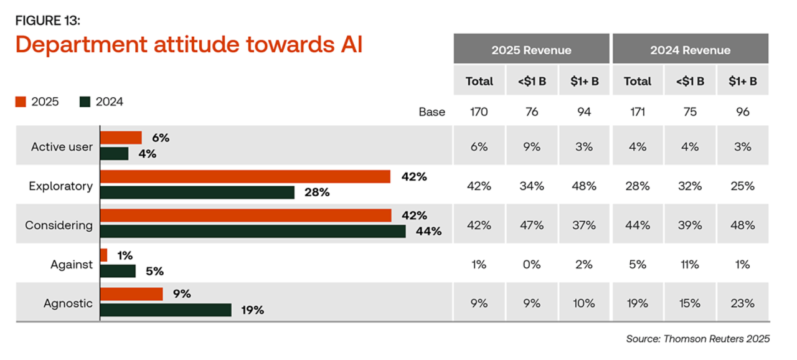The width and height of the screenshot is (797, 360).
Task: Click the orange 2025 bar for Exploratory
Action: [x=245, y=177]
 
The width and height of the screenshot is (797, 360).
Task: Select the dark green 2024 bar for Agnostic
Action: [x=166, y=310]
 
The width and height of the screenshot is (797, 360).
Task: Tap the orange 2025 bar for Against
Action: [x=103, y=255]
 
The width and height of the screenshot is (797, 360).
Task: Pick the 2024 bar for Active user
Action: [x=114, y=153]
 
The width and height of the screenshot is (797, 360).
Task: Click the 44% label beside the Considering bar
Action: [x=429, y=232]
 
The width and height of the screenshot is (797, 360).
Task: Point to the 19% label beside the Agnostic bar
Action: [x=252, y=310]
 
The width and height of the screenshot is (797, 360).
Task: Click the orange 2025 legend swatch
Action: [x=21, y=102]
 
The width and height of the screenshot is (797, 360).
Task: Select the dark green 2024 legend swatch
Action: [x=85, y=102]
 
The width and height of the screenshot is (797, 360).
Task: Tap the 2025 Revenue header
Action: [x=531, y=50]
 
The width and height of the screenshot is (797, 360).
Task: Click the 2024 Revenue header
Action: [x=690, y=50]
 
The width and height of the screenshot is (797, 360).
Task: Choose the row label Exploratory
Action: [x=60, y=186]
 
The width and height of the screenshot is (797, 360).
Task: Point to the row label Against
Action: [x=72, y=264]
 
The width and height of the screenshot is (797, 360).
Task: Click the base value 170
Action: [x=479, y=112]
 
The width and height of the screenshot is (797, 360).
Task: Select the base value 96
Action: [x=742, y=112]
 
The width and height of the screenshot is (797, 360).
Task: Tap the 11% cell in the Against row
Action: [x=690, y=264]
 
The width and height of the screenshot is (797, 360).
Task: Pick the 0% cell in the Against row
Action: [x=532, y=264]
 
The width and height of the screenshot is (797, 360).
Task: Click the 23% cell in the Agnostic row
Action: [x=742, y=303]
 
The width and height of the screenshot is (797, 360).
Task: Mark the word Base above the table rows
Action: [x=432, y=112]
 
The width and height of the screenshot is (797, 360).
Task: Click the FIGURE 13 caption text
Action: [x=47, y=21]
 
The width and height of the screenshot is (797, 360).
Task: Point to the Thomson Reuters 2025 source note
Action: [x=697, y=339]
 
